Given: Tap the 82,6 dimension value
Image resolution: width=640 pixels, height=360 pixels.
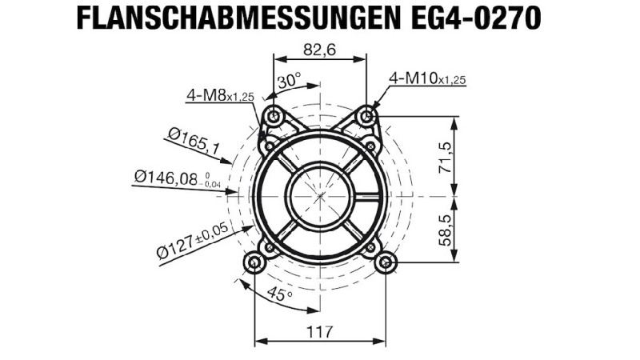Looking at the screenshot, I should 319,50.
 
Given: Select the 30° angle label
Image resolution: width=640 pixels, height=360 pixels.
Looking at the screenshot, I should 290,81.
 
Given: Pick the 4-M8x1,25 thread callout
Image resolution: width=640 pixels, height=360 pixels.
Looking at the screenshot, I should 220,95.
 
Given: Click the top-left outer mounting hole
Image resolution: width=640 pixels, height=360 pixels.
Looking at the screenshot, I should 274,117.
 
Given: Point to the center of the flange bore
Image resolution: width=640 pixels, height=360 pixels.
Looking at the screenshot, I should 320,194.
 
